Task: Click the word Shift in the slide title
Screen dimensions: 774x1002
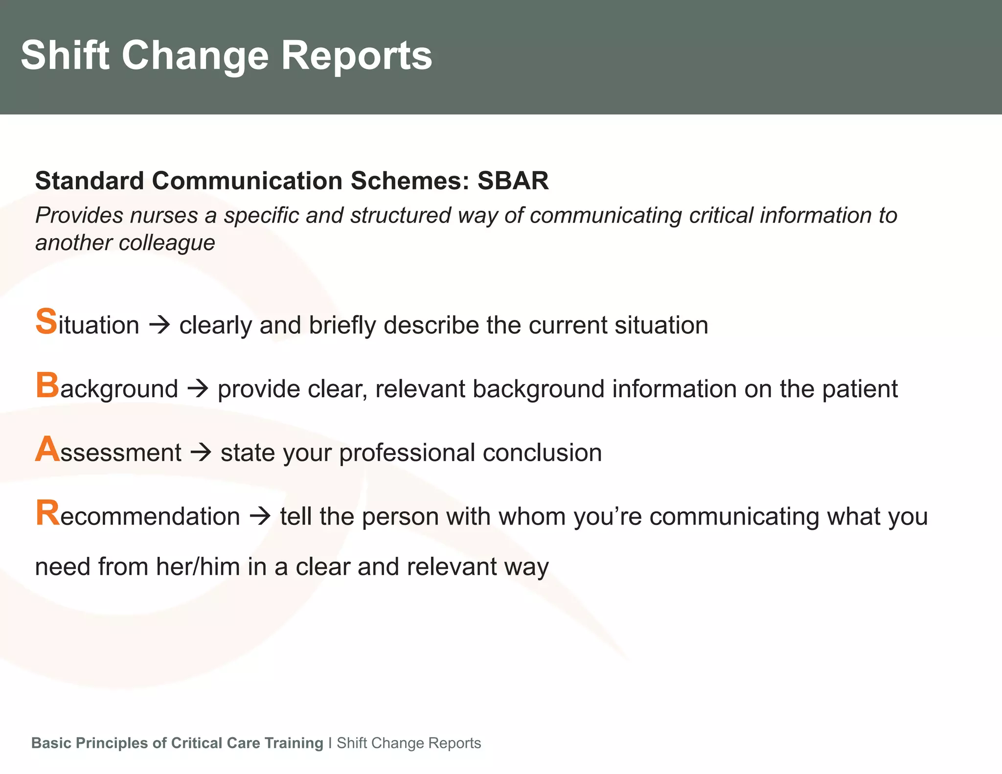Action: click(x=65, y=55)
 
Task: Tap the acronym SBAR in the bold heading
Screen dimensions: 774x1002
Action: click(x=513, y=181)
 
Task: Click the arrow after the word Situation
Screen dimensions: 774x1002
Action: click(x=159, y=325)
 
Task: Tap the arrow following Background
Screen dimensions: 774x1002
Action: click(x=198, y=389)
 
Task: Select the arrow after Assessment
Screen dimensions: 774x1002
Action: click(x=201, y=453)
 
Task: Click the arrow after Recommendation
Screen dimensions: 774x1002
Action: click(x=260, y=516)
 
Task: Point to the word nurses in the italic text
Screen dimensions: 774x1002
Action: click(x=164, y=216)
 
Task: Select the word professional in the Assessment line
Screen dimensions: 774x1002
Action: click(x=407, y=453)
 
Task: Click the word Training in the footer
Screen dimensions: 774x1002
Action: click(x=294, y=743)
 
